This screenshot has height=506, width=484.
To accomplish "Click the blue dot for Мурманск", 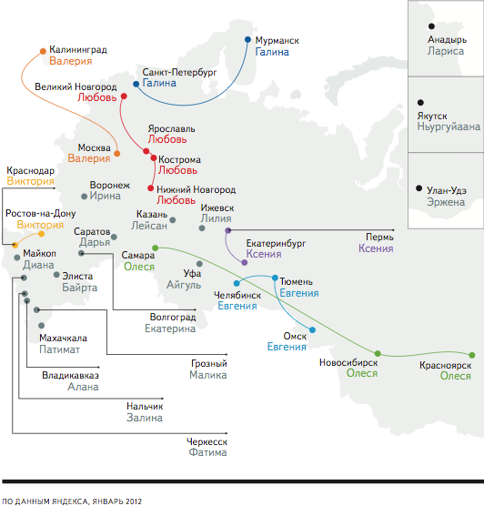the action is (x=247, y=39).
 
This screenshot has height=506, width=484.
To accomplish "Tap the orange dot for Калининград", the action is (x=43, y=51).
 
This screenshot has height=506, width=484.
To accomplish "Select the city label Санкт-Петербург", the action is (x=179, y=72).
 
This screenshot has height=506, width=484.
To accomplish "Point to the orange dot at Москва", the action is (x=117, y=154).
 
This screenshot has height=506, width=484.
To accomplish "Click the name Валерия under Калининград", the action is (x=71, y=61).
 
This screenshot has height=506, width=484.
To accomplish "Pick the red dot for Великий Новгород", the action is (x=124, y=96).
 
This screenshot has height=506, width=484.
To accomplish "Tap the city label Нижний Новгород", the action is (x=197, y=189).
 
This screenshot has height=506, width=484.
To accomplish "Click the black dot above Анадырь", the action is (x=431, y=26).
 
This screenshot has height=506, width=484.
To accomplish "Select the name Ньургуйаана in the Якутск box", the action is (x=449, y=126).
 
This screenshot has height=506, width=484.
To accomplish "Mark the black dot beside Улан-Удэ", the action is (x=418, y=188).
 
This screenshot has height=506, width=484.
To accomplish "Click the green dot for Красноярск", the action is (x=472, y=355).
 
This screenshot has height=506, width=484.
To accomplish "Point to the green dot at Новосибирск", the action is (x=378, y=354).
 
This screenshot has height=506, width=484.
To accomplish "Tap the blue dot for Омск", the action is (x=312, y=329).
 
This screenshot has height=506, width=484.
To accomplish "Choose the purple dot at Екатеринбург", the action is (x=245, y=263).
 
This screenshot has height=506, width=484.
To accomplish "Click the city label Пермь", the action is (x=379, y=238).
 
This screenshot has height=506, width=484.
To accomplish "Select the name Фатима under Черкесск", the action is (x=207, y=452).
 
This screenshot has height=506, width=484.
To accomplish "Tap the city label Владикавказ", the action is (x=70, y=375).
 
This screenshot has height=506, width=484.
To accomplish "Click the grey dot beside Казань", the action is (x=173, y=220).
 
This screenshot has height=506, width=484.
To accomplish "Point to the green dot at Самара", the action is (x=156, y=248).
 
